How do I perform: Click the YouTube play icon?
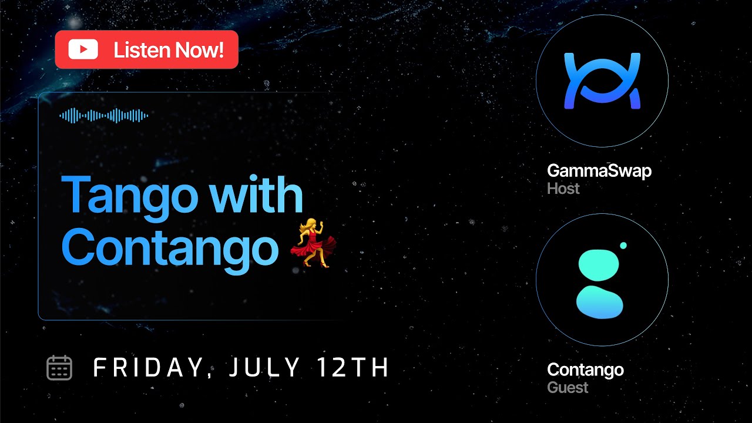pos(83,50)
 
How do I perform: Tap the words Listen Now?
pos(169,50)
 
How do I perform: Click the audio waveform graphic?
pos(103,116)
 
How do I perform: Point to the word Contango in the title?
pos(170,247)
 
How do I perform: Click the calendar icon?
pos(59,368)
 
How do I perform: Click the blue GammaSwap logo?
pos(602,81)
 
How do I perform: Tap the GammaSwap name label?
pos(599,171)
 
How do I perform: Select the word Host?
pos(563,189)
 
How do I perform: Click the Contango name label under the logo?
pos(585,370)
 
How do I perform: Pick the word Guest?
pos(568,388)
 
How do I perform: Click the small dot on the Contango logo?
pos(623,246)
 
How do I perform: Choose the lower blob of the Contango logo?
pos(599,302)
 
